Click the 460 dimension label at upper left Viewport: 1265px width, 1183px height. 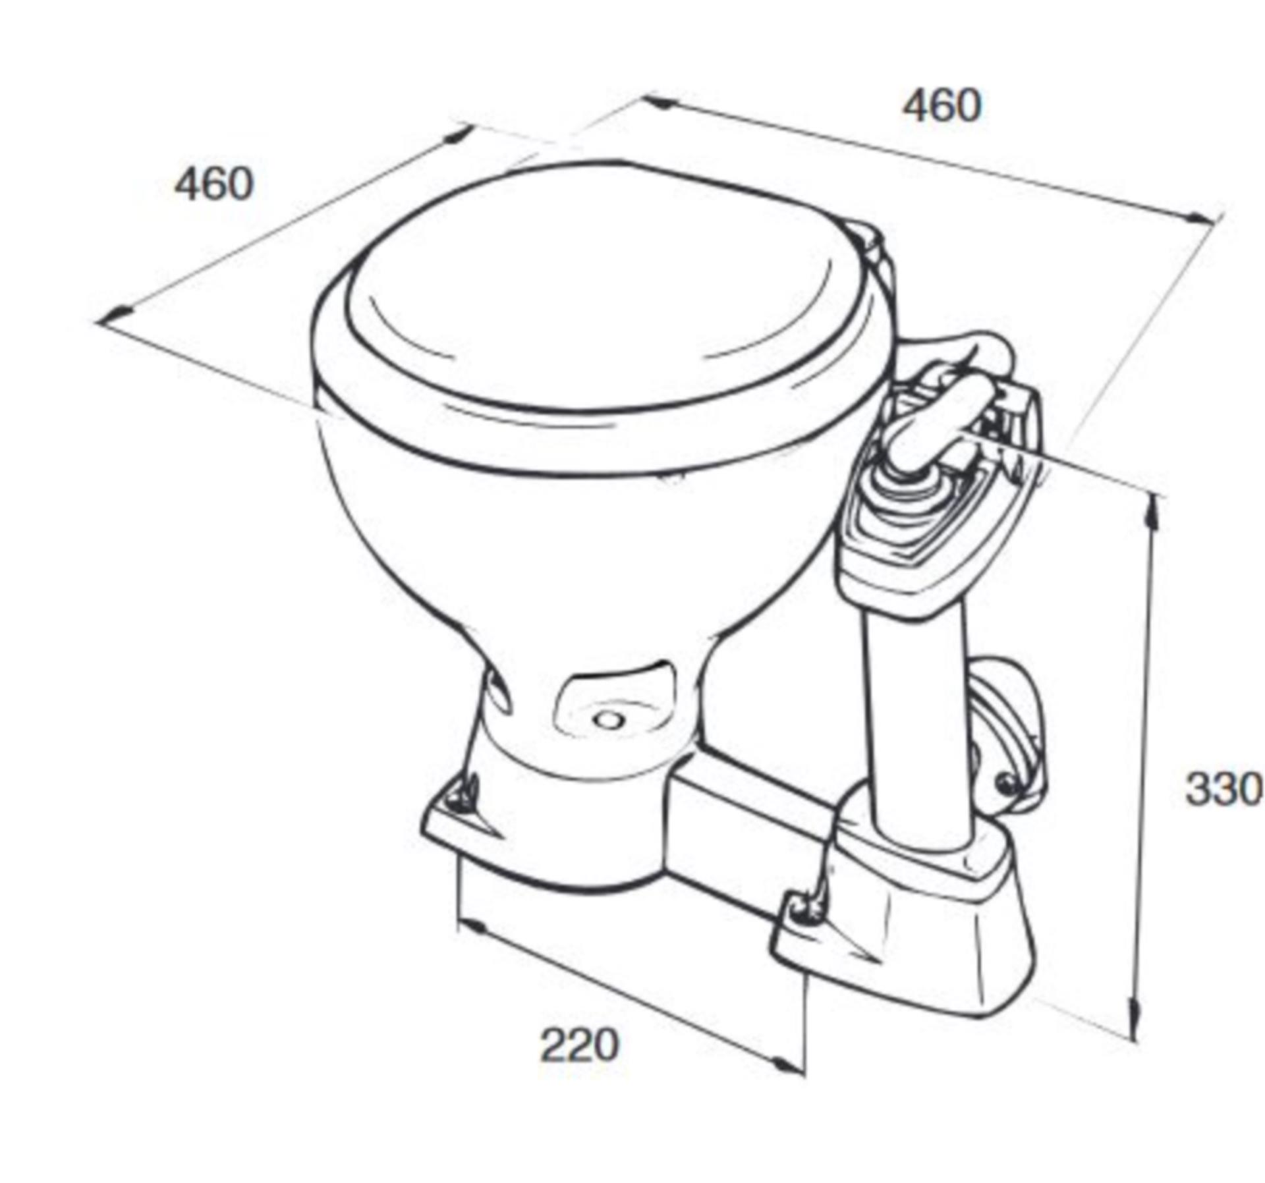click(214, 184)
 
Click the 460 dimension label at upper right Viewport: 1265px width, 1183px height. click(942, 105)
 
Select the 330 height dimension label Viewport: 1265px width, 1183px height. click(1223, 789)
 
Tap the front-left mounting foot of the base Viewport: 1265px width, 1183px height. click(461, 810)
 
